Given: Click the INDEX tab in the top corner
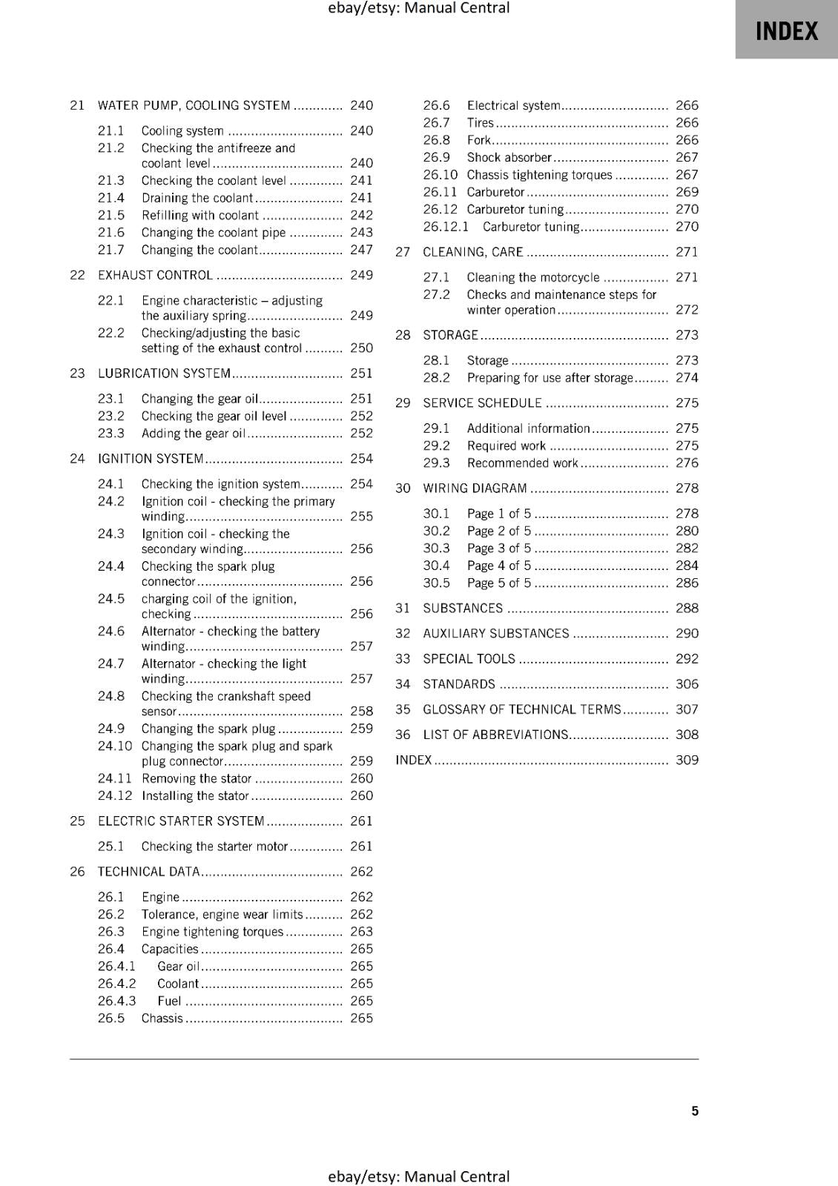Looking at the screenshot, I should click(786, 31).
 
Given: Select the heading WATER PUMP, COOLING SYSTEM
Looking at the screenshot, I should click(194, 105).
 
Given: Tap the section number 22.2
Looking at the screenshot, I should click(111, 333).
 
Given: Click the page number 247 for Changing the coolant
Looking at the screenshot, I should click(361, 250).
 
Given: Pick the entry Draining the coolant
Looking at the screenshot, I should click(197, 198).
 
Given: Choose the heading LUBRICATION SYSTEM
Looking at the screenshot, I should click(164, 374).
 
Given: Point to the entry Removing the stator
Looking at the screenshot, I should click(197, 778).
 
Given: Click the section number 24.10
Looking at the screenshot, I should click(115, 746).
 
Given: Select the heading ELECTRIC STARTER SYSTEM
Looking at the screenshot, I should click(181, 821).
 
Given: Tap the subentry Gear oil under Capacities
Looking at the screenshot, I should click(179, 967).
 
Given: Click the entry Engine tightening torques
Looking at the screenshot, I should click(213, 932).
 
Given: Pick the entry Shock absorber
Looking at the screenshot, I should click(509, 157).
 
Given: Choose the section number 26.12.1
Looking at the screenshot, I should click(446, 227).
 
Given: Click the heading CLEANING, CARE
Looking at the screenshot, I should click(473, 252).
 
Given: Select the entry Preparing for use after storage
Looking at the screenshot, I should click(550, 378).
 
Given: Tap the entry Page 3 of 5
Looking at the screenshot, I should click(499, 549).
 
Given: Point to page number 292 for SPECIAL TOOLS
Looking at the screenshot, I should click(687, 659).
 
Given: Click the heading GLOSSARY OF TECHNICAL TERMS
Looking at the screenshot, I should click(522, 709).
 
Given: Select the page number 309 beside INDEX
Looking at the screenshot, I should click(687, 760).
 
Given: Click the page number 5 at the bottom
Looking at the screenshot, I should click(695, 1111).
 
